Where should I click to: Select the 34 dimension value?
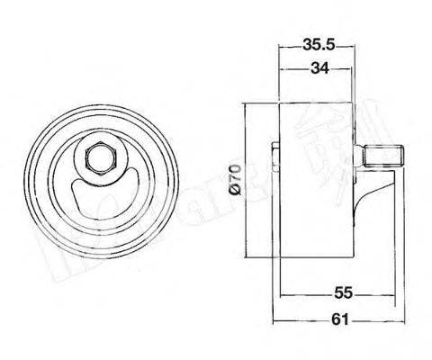[315, 68]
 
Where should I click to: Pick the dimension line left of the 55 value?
[306, 294]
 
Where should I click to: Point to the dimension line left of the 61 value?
[301, 319]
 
